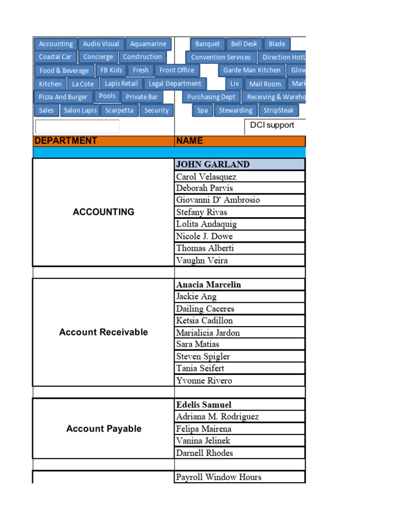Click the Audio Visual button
(101, 44)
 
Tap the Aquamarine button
(148, 44)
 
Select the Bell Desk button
(244, 44)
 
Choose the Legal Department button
(175, 83)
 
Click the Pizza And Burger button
(63, 97)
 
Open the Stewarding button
(235, 110)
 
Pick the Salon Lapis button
(80, 110)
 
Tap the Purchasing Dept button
(211, 97)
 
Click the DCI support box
(275, 126)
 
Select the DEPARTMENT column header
(104, 141)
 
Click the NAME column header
(240, 141)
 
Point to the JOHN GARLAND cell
(240, 164)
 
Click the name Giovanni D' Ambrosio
(240, 200)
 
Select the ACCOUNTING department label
(104, 212)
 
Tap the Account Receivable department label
(104, 332)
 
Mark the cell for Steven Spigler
(240, 357)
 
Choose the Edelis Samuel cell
(240, 404)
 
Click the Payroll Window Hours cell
(240, 477)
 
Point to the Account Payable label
(104, 429)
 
